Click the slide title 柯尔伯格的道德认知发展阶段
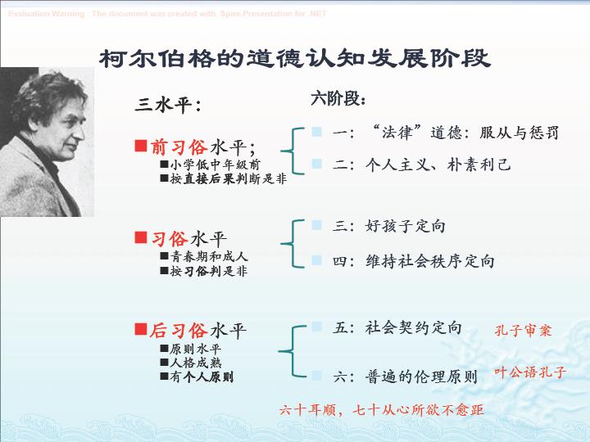coord(295,58)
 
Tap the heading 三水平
coord(167,105)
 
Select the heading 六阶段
coord(338,99)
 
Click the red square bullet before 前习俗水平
coord(141,146)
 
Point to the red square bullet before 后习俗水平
coord(141,329)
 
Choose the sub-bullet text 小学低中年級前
coord(215,165)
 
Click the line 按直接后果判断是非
coord(229,178)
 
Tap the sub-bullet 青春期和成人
coord(209,256)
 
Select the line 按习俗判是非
coord(209,271)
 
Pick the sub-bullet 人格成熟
coord(195,363)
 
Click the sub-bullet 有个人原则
coord(202,377)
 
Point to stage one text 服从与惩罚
coord(519,133)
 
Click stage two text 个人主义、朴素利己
coord(438,165)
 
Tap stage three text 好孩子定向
coord(406,226)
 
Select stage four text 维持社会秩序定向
coord(429,261)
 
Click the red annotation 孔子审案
coord(523,331)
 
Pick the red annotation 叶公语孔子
coord(530,372)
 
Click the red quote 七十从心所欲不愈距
coord(418,410)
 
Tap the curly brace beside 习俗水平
coord(293,244)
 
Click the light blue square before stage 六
coord(317,375)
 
